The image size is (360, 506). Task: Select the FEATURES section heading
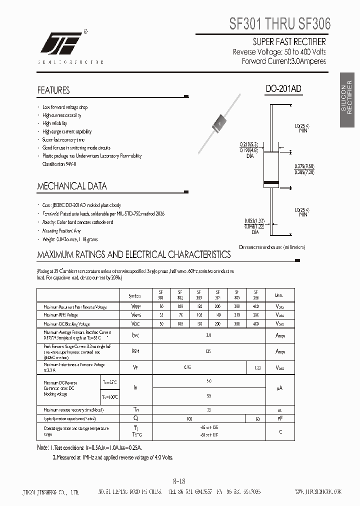53,90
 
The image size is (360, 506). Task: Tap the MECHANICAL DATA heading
72,186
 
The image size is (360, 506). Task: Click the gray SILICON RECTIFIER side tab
346,100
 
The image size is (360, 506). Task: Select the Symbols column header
135,295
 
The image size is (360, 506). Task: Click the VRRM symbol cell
136,306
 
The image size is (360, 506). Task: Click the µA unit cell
280,388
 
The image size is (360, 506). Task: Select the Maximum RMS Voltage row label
61,315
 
